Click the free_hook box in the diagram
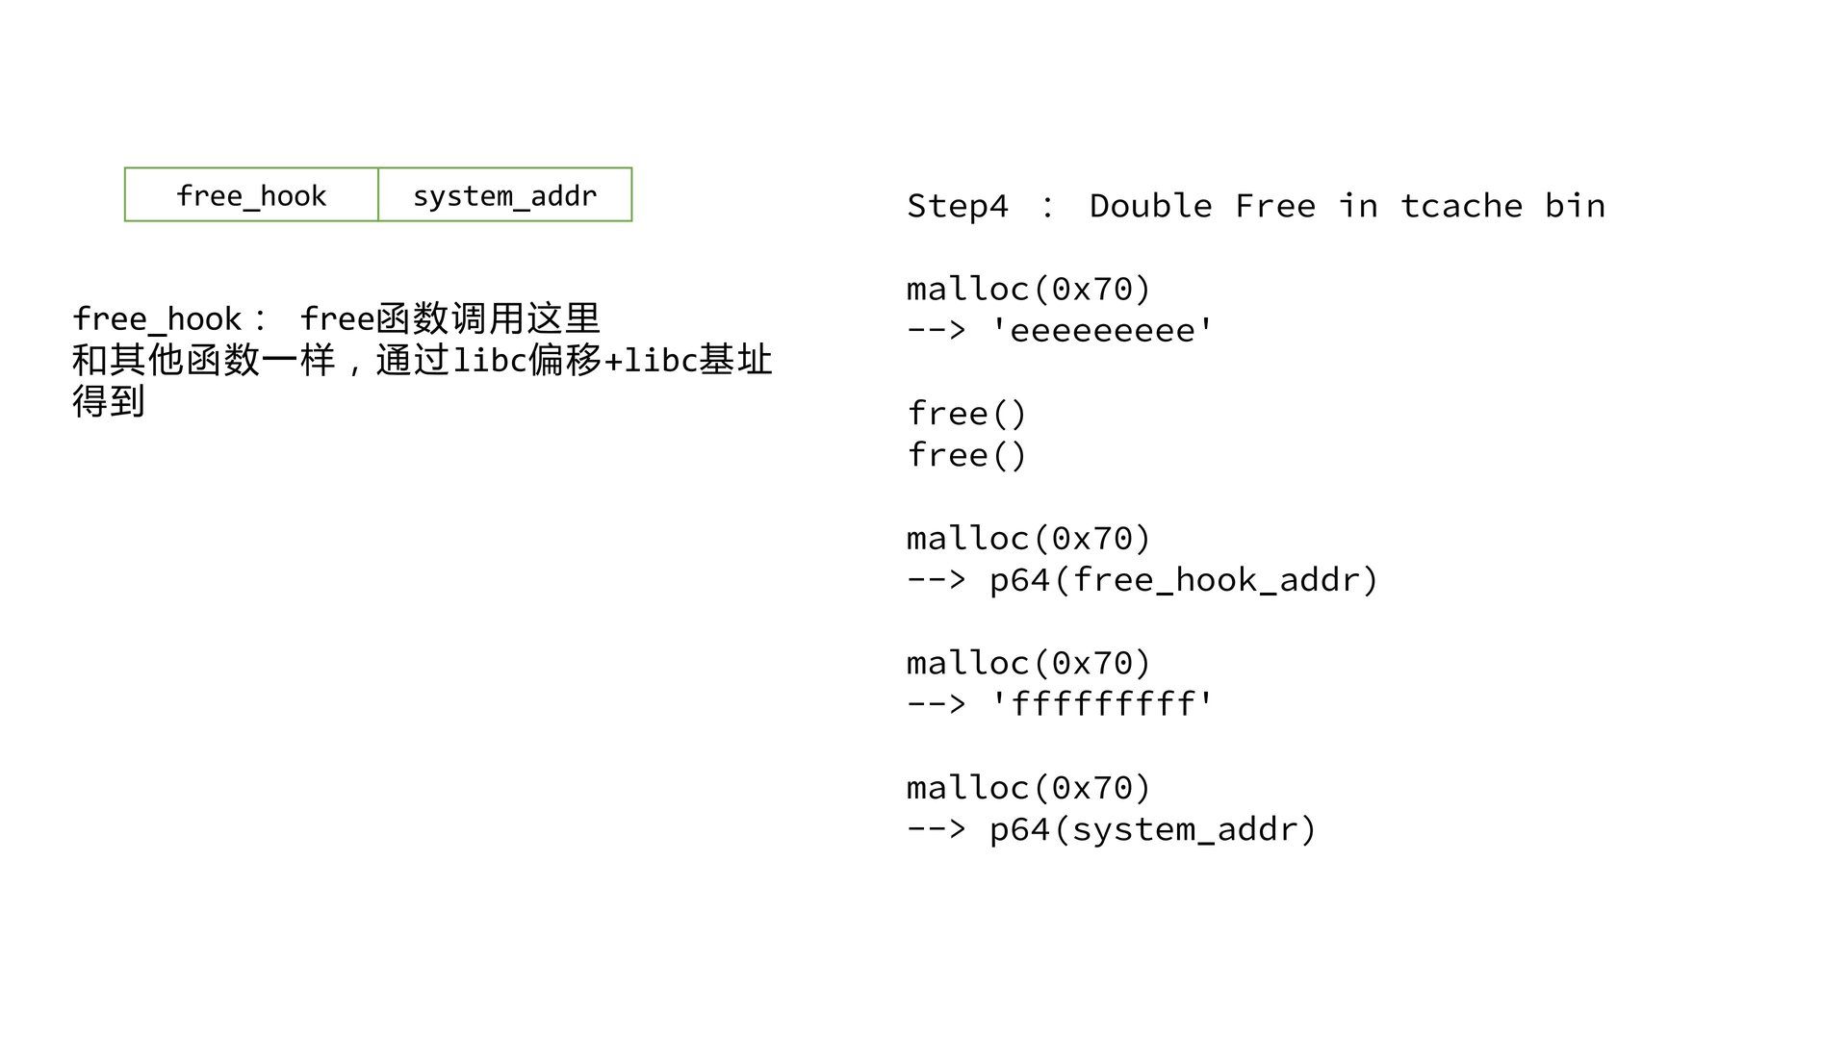[x=251, y=195]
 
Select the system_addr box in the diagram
[x=504, y=195]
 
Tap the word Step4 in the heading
[x=957, y=206]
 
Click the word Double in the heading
[x=1150, y=206]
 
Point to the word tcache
[x=1461, y=206]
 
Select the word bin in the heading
[x=1575, y=206]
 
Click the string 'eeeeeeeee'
[x=1101, y=330]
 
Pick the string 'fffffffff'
[x=1101, y=704]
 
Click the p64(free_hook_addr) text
[x=1184, y=579]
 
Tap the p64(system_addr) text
[x=1152, y=829]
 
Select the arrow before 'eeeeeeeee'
[x=936, y=330]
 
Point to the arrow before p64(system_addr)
[x=936, y=829]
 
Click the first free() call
[x=966, y=414]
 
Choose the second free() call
[x=966, y=455]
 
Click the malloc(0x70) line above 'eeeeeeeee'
[x=1028, y=289]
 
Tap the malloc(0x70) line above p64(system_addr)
[x=1028, y=788]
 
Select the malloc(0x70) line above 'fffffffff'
[x=1028, y=663]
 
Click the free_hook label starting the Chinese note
[x=157, y=318]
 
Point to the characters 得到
[x=108, y=400]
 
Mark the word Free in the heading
[x=1274, y=206]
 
